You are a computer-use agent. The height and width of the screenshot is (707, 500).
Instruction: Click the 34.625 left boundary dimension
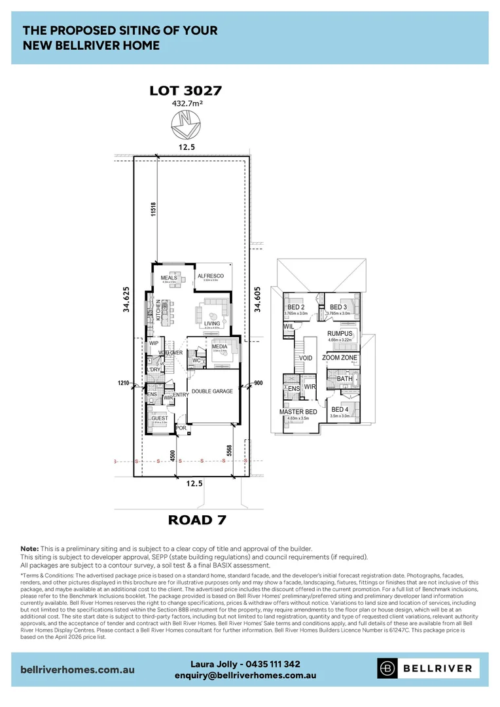pyautogui.click(x=127, y=299)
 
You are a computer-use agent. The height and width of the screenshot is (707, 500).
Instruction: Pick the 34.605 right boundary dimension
pyautogui.click(x=258, y=299)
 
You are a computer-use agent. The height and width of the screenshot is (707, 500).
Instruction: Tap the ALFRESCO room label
pyautogui.click(x=211, y=276)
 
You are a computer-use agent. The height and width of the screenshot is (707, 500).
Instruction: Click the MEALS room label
pyautogui.click(x=170, y=278)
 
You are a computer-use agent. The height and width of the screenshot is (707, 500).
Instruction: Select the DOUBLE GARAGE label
pyautogui.click(x=212, y=391)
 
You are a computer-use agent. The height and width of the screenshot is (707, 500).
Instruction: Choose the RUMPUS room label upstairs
pyautogui.click(x=340, y=333)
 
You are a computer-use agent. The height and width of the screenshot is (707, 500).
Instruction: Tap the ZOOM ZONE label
pyautogui.click(x=340, y=358)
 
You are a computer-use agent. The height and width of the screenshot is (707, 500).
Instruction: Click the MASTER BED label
pyautogui.click(x=298, y=412)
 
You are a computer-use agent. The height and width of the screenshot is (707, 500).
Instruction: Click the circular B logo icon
pyautogui.click(x=388, y=668)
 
